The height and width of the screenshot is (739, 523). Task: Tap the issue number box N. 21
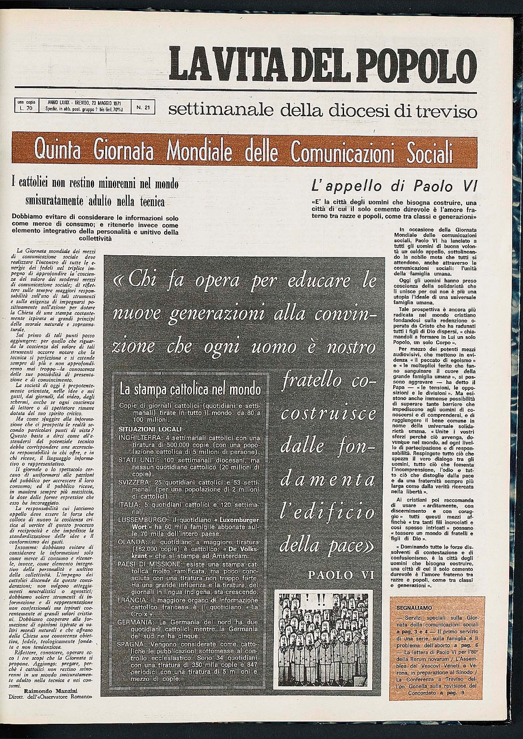coord(143,107)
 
